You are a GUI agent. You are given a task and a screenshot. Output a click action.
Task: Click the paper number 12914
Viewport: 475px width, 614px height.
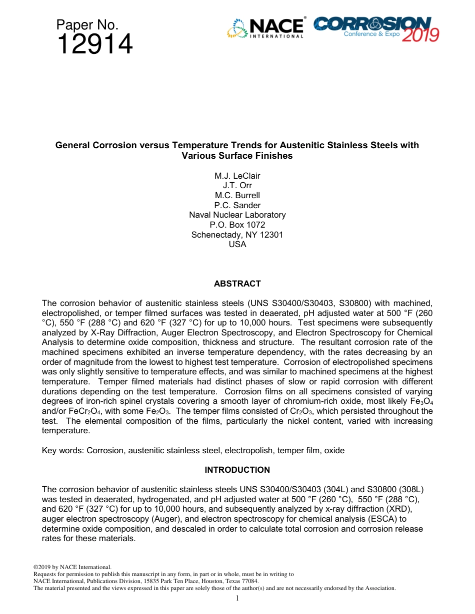(x=95, y=45)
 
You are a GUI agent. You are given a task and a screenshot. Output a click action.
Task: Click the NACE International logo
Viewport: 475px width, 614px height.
(x=265, y=28)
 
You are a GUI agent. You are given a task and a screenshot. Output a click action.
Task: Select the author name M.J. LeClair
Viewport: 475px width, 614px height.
(x=237, y=176)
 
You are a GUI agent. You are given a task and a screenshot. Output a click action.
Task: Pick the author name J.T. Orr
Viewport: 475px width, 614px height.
(x=237, y=186)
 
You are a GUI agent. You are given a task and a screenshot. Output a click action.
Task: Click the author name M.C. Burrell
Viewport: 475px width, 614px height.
(x=237, y=195)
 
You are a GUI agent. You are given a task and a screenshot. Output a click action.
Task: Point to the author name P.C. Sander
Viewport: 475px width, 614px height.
(x=237, y=205)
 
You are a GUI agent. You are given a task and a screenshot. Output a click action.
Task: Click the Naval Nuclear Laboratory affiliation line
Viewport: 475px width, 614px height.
(x=237, y=215)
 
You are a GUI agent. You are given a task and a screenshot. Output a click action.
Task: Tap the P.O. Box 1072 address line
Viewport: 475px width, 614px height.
(x=237, y=225)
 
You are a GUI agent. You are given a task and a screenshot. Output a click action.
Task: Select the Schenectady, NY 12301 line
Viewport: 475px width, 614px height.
(x=237, y=235)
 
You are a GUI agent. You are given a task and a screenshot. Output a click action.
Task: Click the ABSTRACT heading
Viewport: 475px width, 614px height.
(x=237, y=284)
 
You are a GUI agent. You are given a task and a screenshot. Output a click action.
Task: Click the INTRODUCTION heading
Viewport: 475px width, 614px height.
(x=237, y=470)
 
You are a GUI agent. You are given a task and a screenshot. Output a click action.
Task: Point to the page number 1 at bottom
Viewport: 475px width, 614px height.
(x=237, y=598)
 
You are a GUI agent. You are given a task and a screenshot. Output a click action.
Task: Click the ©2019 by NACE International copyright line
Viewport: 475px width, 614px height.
(x=72, y=567)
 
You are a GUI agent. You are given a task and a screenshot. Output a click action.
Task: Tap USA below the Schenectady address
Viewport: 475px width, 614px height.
(x=237, y=245)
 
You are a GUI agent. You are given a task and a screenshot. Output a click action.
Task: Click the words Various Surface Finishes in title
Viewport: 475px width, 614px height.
(x=237, y=156)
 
